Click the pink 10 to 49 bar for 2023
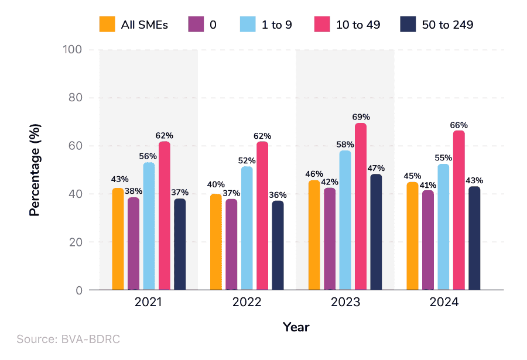[360, 207]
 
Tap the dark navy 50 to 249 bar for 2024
[474, 238]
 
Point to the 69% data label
[361, 117]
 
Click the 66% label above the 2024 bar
[459, 125]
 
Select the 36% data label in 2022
[277, 195]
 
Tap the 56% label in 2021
[149, 156]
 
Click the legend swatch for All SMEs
[107, 25]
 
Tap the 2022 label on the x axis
[247, 303]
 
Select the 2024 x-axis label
[443, 303]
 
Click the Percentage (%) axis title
[35, 170]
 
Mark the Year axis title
[296, 327]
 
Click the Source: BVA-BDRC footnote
[68, 339]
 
